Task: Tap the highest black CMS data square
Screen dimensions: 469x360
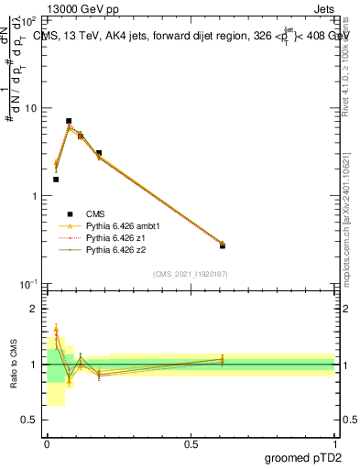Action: click(69, 121)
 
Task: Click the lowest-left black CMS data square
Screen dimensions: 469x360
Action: click(56, 180)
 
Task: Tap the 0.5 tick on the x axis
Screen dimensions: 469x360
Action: click(191, 442)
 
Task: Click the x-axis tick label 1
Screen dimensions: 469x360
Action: click(335, 442)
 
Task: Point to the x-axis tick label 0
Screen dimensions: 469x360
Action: click(47, 442)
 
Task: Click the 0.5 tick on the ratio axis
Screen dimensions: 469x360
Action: click(31, 420)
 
